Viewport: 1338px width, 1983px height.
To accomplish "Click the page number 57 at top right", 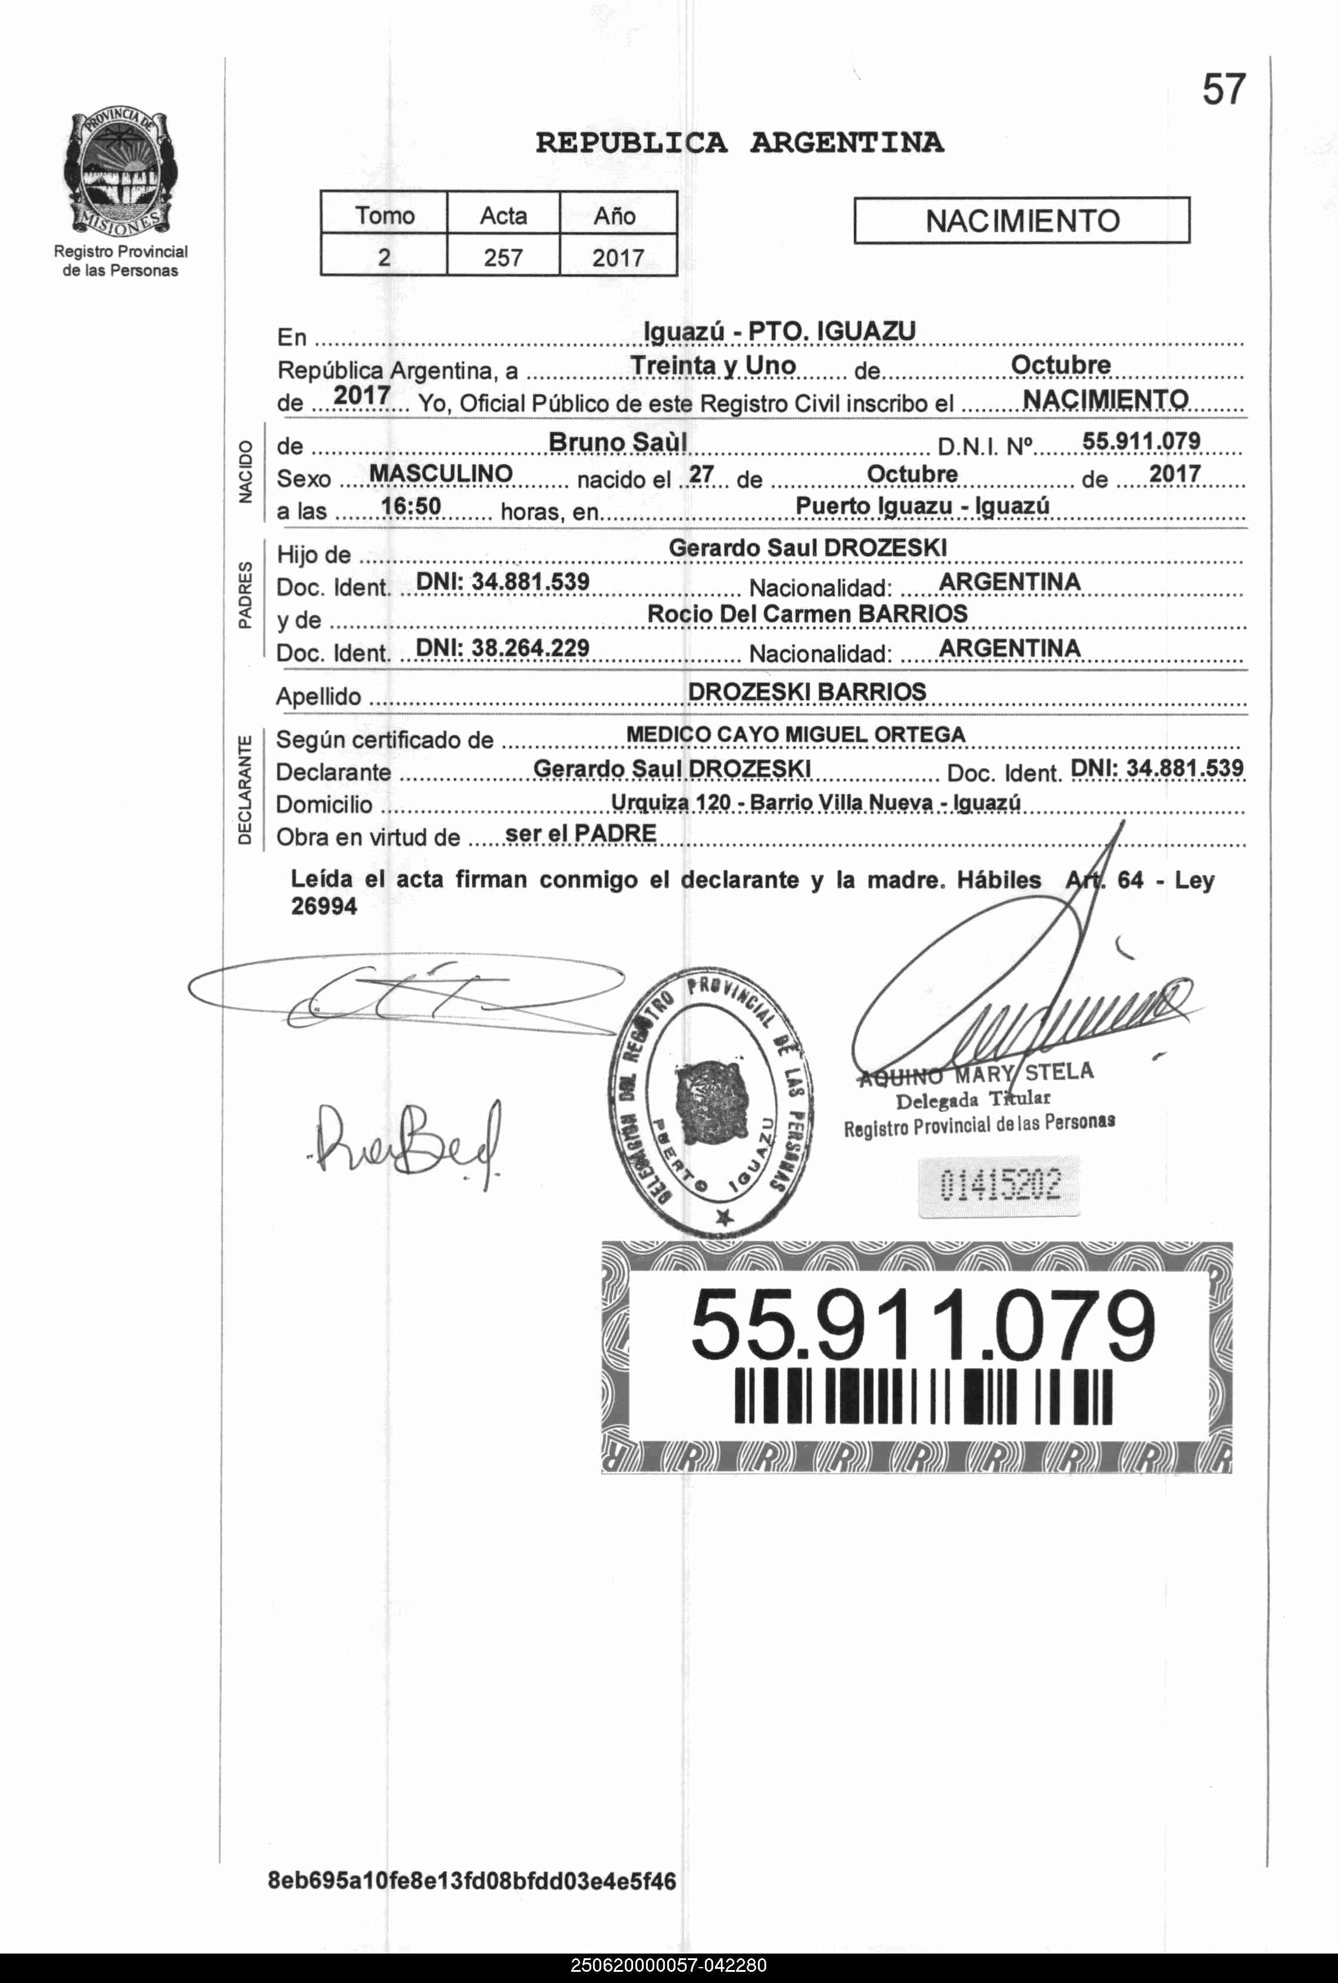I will [x=1224, y=90].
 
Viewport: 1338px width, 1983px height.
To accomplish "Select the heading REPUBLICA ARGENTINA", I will [x=739, y=143].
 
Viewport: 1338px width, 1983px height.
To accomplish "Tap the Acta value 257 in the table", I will [x=503, y=257].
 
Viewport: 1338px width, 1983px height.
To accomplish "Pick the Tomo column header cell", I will [x=385, y=215].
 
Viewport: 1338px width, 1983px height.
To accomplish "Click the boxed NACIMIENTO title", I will [x=1022, y=221].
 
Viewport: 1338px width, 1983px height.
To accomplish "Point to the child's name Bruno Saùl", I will [x=617, y=442].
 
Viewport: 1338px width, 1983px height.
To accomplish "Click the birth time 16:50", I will [x=411, y=507].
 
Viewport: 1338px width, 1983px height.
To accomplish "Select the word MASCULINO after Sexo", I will [x=441, y=474].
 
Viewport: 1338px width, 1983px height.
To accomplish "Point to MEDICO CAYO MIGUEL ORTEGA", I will [x=796, y=735].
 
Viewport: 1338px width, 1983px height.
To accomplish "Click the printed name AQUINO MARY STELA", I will [x=976, y=1074].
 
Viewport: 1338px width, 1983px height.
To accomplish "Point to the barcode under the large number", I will [x=923, y=1397].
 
